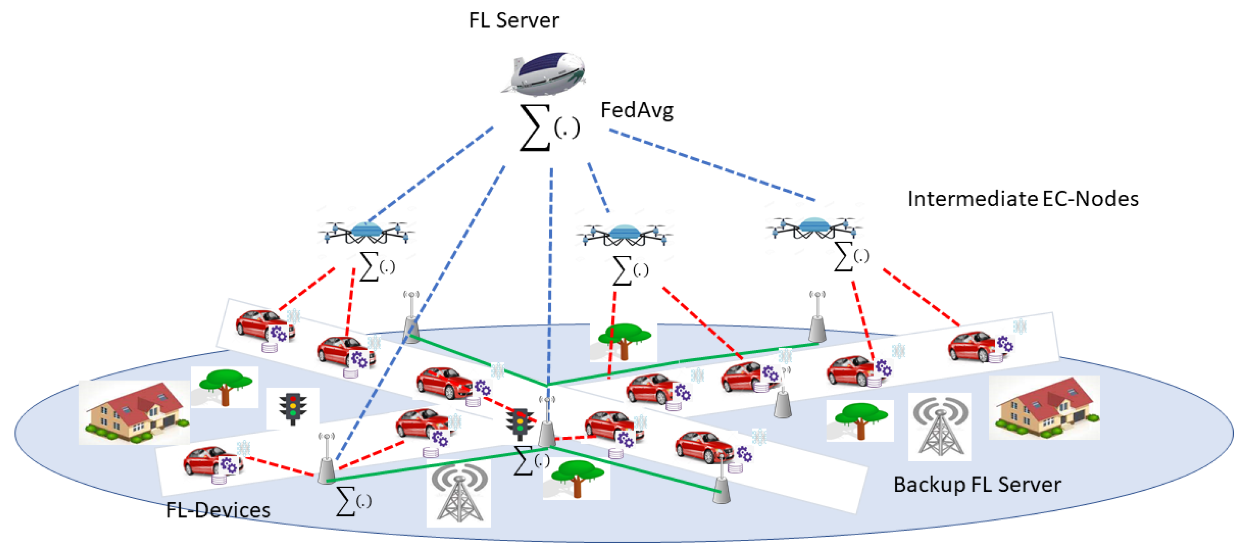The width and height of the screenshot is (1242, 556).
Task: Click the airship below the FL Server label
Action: click(x=544, y=72)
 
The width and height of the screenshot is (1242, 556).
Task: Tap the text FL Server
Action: click(x=514, y=20)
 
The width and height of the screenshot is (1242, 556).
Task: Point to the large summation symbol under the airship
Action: click(x=549, y=128)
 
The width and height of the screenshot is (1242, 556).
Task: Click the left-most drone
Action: click(x=366, y=232)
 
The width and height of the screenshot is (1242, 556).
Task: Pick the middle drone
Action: click(x=624, y=234)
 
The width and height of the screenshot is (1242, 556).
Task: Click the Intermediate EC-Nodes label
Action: click(x=1023, y=199)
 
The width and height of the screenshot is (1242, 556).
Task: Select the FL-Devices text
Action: click(x=218, y=510)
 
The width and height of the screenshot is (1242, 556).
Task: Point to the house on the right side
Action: click(x=1044, y=408)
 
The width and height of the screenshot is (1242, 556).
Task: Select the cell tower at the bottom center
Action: click(x=459, y=493)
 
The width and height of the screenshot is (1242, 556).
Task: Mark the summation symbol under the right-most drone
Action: click(x=851, y=256)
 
